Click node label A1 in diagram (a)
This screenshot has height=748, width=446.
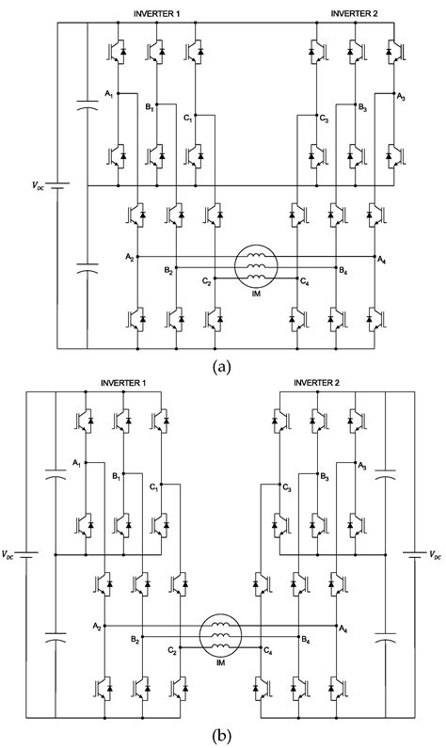click(109, 93)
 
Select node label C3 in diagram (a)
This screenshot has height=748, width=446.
click(324, 118)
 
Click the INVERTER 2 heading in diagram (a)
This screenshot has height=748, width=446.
click(355, 12)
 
